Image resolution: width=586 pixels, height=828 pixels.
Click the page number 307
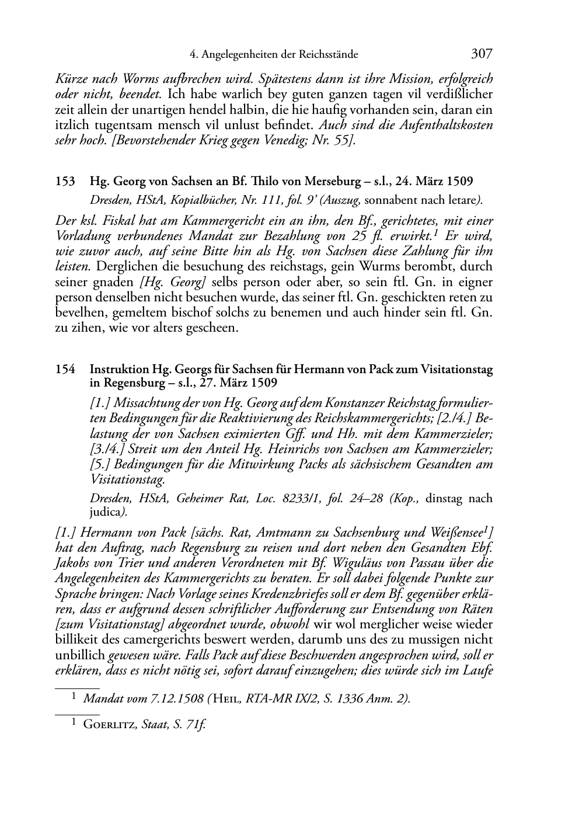pos(482,54)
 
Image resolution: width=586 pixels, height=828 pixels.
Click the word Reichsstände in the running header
pos(328,55)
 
